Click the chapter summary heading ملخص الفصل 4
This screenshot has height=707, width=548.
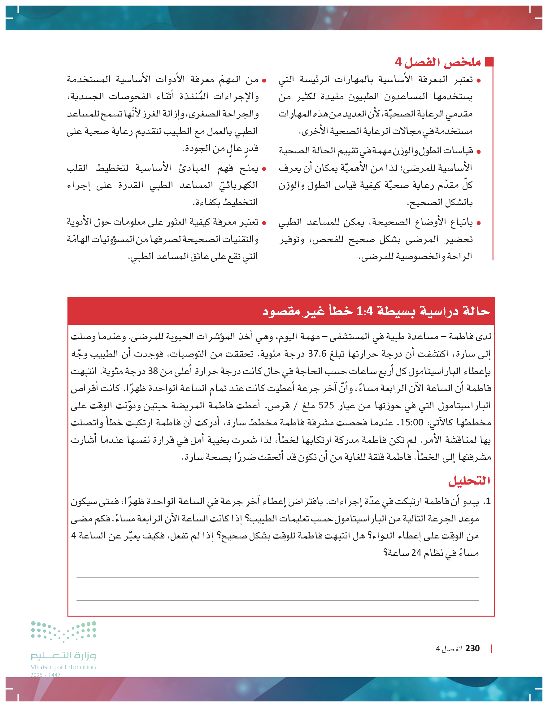pos(438,62)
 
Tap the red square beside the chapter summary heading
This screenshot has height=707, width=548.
pos(489,62)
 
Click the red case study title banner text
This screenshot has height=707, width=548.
pos(376,311)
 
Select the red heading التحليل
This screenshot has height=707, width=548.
pos(469,481)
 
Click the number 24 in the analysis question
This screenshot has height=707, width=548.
pos(416,553)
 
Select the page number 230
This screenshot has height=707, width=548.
pos(472,648)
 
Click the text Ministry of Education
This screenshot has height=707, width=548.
pos(63,667)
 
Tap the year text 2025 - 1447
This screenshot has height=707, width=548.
pos(46,675)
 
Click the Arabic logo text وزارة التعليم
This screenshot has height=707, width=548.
pos(63,656)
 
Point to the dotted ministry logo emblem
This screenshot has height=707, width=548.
pos(63,631)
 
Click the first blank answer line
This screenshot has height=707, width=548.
pos(277,578)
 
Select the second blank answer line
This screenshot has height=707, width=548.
pos(277,600)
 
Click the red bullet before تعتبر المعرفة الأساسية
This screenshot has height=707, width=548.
pos(479,80)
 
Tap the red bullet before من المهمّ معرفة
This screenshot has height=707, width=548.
pos(264,80)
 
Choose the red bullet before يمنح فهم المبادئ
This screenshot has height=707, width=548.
pos(264,169)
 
